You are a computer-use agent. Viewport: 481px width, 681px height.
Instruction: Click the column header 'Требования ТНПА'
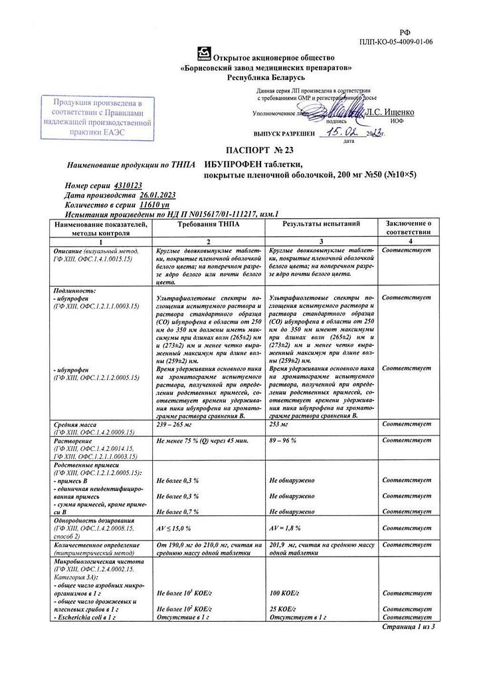click(x=209, y=226)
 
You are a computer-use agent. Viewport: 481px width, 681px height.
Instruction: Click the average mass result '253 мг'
click(x=279, y=424)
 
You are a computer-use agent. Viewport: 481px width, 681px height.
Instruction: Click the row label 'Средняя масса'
click(x=73, y=424)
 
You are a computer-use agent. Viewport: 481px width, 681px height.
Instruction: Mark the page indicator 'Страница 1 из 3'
click(x=409, y=627)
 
